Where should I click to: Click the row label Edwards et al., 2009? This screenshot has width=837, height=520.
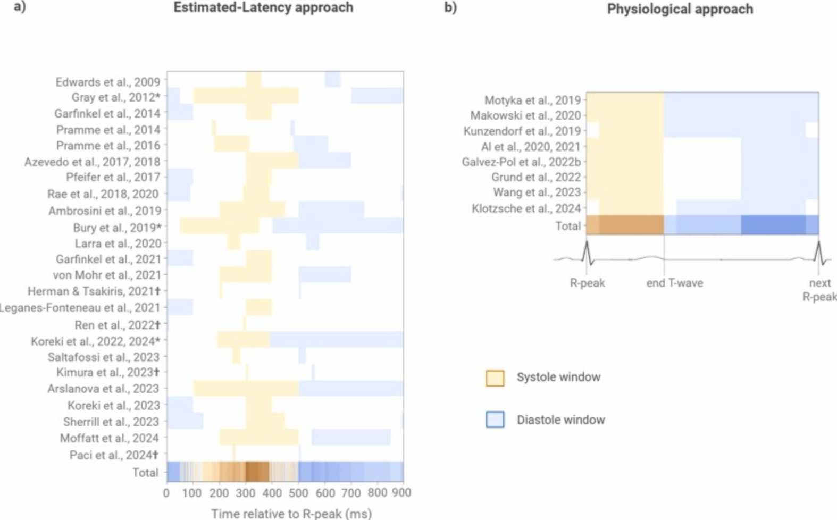click(107, 82)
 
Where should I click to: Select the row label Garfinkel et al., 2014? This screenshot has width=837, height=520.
click(107, 113)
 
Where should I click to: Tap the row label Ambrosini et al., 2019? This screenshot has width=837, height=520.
click(104, 211)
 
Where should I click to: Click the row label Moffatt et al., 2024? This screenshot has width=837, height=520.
click(109, 438)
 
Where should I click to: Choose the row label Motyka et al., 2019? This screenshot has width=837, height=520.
click(532, 100)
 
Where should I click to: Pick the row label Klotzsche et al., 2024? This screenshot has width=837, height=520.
click(526, 208)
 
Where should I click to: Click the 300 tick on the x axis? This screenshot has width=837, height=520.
click(246, 493)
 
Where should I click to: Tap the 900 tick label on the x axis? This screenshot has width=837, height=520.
click(401, 493)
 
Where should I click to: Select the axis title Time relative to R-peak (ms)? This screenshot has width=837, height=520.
click(291, 513)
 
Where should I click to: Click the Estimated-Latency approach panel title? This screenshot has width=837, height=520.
click(263, 7)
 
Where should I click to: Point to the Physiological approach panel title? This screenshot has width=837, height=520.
click(680, 9)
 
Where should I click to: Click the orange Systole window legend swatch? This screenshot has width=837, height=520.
click(495, 378)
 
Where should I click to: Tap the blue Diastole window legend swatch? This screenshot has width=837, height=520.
click(495, 420)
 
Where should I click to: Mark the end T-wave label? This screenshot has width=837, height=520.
click(674, 283)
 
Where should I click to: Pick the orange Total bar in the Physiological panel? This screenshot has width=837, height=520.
click(625, 225)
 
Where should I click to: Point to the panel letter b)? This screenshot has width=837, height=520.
click(450, 7)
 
